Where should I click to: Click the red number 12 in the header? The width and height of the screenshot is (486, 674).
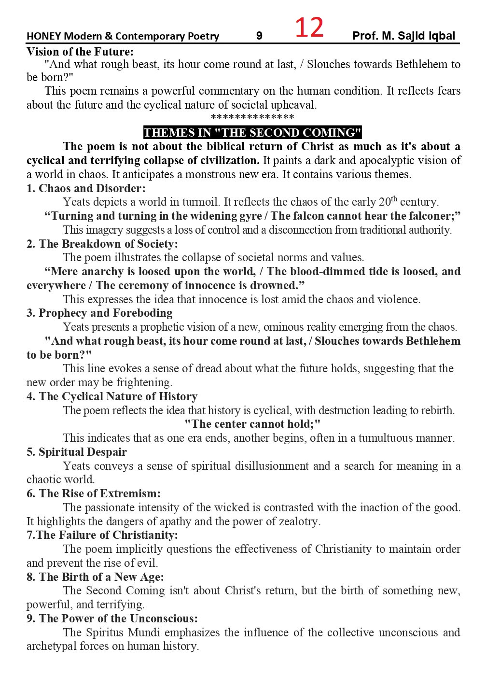coord(309,28)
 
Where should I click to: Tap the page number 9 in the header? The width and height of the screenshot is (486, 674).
coord(259,36)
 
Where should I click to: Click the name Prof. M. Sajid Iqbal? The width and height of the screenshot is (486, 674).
coord(403,36)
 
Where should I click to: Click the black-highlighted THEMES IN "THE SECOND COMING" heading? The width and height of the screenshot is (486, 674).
coord(252,133)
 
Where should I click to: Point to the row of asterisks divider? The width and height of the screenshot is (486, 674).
coord(252,117)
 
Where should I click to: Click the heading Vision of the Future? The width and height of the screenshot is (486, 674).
coord(80,52)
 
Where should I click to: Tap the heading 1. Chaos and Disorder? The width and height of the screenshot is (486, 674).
coord(86,188)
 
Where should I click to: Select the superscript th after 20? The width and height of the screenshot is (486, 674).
coord(394,198)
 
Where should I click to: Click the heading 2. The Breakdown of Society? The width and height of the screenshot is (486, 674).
coord(102,244)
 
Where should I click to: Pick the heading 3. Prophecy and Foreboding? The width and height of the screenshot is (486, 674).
coord(99,313)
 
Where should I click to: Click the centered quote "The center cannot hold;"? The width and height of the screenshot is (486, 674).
coord(252,424)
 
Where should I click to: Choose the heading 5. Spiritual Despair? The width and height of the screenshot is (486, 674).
coord(77,452)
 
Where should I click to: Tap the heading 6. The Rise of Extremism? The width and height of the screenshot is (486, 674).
coord(94,493)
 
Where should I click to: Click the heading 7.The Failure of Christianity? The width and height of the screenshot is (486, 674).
coord(102,535)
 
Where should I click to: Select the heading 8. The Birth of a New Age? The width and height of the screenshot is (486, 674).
coord(95,577)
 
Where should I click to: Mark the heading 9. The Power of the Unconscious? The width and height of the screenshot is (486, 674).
coord(112,618)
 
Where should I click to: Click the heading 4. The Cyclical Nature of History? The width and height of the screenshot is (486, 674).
coord(112,396)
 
